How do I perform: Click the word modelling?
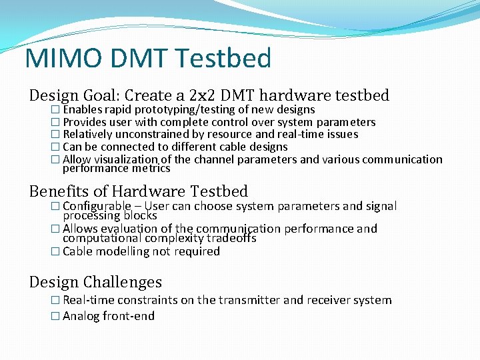pos(123,251)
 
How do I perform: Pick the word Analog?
pos(81,316)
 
